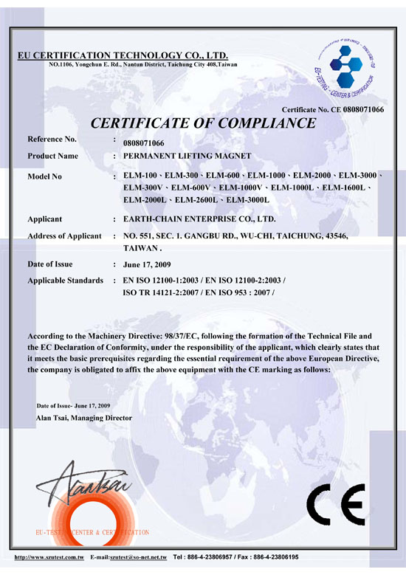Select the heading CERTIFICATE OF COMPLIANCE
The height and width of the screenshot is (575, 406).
pyautogui.click(x=202, y=123)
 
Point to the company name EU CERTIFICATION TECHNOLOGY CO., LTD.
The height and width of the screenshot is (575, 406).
pyautogui.click(x=123, y=56)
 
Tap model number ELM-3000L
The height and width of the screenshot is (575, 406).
pyautogui.click(x=249, y=200)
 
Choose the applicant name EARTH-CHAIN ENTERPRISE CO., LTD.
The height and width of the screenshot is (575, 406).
pyautogui.click(x=199, y=219)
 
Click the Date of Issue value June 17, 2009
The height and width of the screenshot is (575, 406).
pyautogui.click(x=148, y=264)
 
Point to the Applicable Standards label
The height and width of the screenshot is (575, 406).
pyautogui.click(x=65, y=281)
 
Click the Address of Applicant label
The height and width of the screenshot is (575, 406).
pyautogui.click(x=64, y=235)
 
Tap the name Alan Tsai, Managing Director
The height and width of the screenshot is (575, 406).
pyautogui.click(x=84, y=418)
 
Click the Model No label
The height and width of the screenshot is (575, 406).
pyautogui.click(x=49, y=177)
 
